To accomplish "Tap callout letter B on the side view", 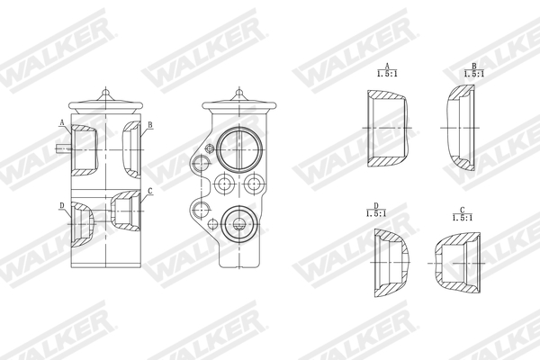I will click(x=149, y=124).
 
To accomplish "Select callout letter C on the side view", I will click(x=149, y=191).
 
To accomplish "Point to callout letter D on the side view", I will click(x=62, y=206).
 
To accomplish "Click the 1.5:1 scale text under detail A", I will click(x=386, y=76).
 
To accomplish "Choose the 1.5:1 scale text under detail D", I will click(x=375, y=214).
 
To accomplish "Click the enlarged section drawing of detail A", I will click(x=388, y=129).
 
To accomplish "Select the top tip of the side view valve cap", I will click(x=105, y=88).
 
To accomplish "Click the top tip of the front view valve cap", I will click(x=238, y=88).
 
